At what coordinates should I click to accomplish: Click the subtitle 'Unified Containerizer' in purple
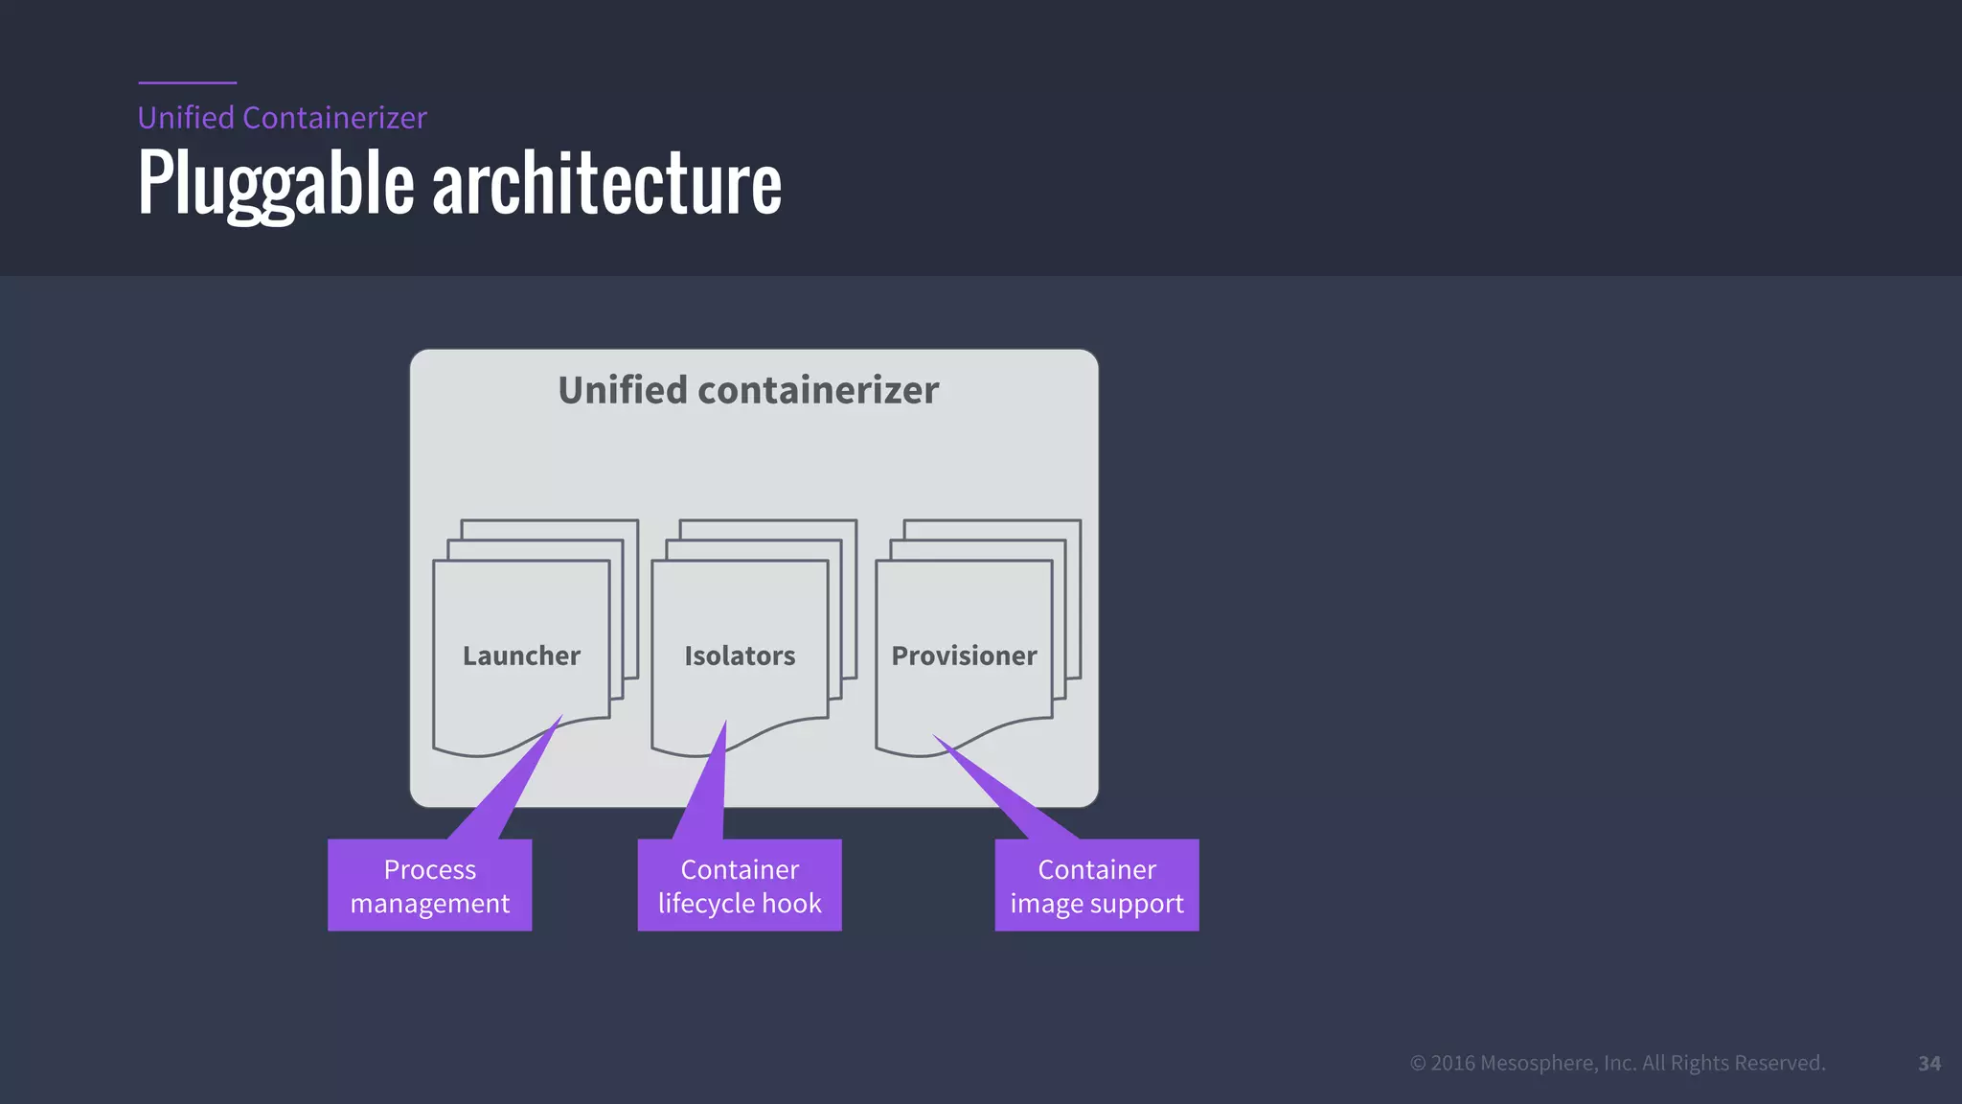point(282,118)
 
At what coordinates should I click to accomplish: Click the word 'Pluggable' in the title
point(276,183)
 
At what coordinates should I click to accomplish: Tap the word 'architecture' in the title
point(606,183)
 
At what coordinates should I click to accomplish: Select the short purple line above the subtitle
point(187,83)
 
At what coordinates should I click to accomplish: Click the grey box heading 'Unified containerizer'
point(748,390)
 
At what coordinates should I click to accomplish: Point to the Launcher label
point(521,655)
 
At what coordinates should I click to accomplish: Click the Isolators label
point(740,655)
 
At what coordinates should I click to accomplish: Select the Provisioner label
point(964,655)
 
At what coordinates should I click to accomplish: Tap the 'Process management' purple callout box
point(429,885)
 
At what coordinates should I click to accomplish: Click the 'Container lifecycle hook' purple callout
point(740,885)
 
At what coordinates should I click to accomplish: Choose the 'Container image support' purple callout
point(1096,885)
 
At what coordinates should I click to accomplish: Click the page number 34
point(1929,1064)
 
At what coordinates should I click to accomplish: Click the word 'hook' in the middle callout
point(791,903)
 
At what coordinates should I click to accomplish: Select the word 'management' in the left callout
point(429,904)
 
